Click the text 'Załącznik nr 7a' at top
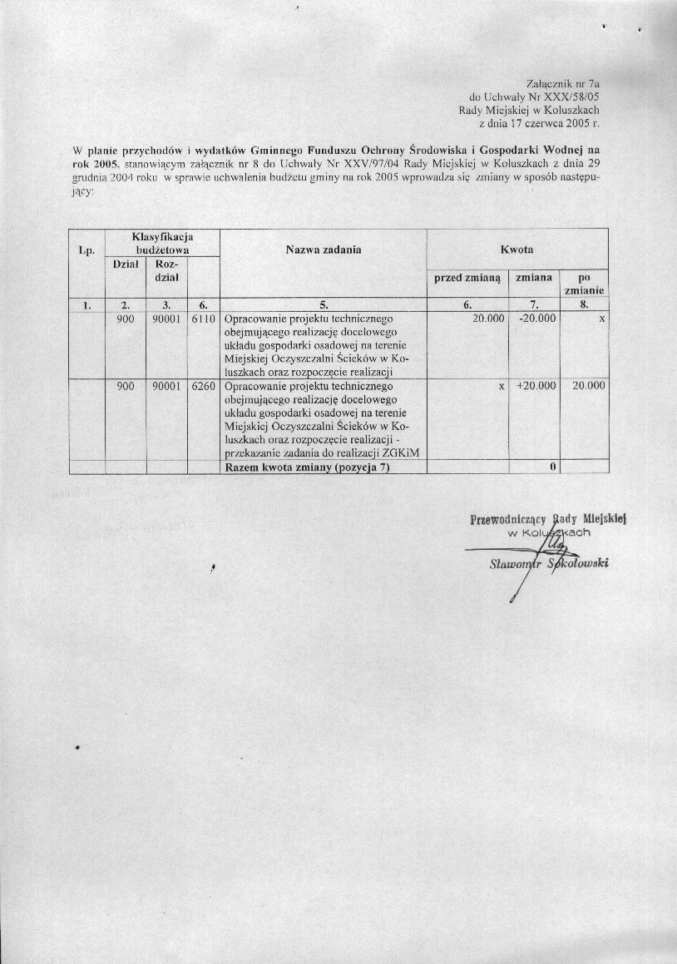click(x=564, y=84)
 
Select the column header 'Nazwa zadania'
click(x=324, y=250)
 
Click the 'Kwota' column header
click(x=516, y=250)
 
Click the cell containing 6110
click(x=204, y=319)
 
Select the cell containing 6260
click(x=204, y=386)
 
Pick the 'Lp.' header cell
click(x=86, y=250)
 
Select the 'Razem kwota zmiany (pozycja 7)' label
click(x=307, y=467)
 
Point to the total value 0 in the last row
click(x=551, y=467)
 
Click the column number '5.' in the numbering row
click(x=324, y=304)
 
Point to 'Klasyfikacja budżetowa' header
click(x=162, y=243)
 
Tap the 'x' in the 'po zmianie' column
click(x=600, y=319)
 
